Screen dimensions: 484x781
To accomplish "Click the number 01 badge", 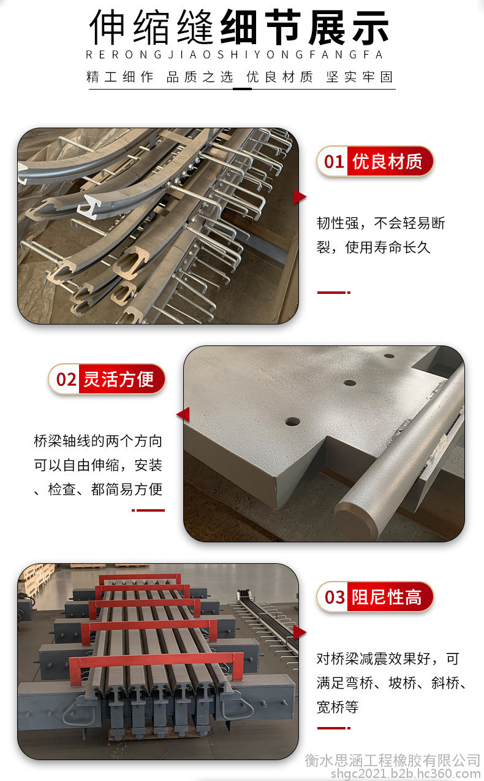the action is coord(334,161).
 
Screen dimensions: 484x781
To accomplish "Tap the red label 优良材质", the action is coord(387,161).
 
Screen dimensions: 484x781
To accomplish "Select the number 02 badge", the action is coord(66,379).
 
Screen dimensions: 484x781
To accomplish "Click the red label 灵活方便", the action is coord(118,379).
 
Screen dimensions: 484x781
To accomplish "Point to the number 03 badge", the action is coord(335,598).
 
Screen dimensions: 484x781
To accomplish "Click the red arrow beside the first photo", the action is coord(300,197).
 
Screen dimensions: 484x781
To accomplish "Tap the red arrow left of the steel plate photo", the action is coord(183,414).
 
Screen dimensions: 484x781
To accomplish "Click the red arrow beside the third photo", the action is coord(300,633).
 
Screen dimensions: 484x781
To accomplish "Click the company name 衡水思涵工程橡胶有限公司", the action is coord(393,760).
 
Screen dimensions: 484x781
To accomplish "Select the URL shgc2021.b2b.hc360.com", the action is coord(406,774).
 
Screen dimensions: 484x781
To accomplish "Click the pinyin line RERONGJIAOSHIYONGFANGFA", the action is coord(234,55).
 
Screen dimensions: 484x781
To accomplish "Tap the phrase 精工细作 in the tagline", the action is coord(120,77).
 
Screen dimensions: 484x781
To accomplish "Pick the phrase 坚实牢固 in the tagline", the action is coord(360,77).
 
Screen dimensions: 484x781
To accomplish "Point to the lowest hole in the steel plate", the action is coord(292,422).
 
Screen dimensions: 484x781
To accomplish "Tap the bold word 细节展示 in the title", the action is coord(304,28).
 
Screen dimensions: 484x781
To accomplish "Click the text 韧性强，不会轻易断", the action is coord(380,223).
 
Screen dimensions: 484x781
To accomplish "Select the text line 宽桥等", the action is coord(338,707).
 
